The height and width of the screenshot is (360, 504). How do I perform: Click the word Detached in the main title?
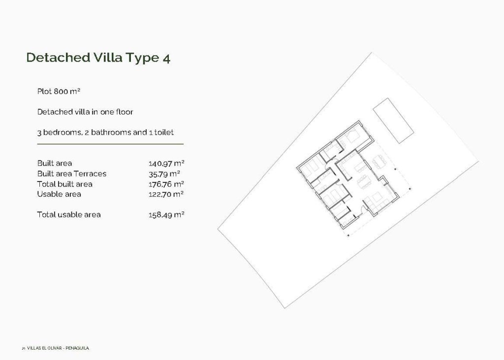click(58, 58)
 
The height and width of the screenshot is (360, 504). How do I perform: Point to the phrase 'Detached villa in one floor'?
click(85, 112)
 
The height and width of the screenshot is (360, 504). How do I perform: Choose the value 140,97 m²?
click(166, 163)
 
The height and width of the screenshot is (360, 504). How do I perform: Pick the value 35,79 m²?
click(164, 174)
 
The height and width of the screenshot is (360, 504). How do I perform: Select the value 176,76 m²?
click(166, 184)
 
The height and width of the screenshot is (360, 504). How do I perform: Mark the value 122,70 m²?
click(166, 194)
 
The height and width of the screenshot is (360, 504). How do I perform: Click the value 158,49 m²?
click(166, 215)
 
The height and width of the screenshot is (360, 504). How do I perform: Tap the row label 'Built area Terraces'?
click(72, 174)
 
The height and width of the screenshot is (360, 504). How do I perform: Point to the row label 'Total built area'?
click(64, 184)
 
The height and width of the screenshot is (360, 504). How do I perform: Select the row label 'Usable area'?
click(59, 194)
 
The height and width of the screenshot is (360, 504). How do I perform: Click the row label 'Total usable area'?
click(69, 215)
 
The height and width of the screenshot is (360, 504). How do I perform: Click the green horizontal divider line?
click(110, 144)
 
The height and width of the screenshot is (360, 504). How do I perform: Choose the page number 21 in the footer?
click(23, 348)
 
